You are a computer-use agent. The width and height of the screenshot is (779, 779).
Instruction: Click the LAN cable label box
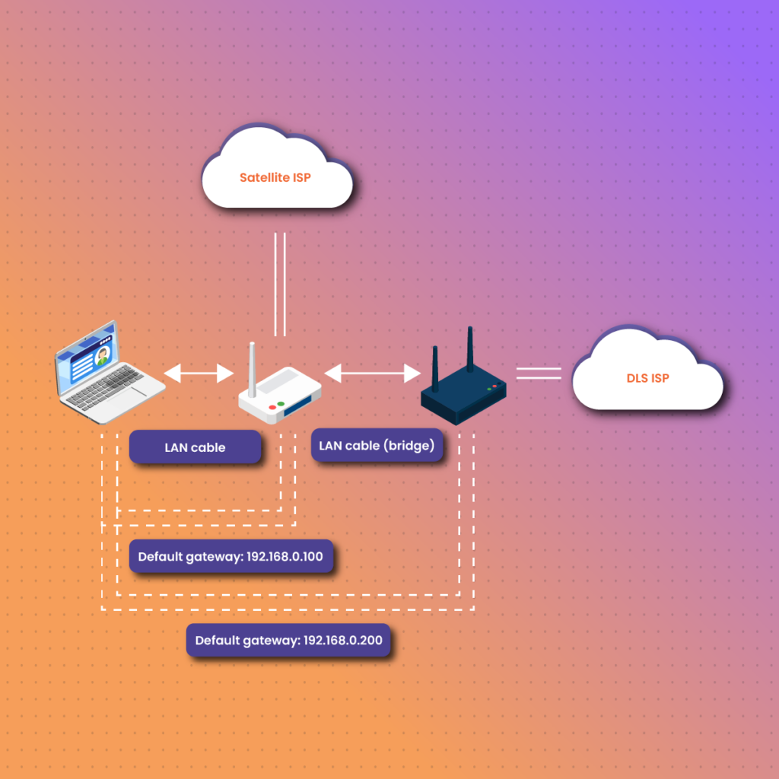click(195, 447)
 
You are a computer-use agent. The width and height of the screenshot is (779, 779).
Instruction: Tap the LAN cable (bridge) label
click(377, 446)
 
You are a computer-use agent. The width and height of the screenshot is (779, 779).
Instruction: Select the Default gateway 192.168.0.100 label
click(231, 557)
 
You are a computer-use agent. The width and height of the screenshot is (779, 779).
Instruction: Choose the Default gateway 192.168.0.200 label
click(289, 641)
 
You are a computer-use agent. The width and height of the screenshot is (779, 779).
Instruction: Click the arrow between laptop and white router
click(199, 373)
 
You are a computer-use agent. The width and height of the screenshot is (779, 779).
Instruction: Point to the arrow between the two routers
click(373, 373)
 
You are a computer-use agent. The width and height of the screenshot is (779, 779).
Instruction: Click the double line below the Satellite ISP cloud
click(280, 284)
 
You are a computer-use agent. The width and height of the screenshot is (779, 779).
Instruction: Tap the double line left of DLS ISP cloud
click(539, 373)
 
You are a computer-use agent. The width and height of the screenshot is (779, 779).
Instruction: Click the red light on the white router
click(272, 408)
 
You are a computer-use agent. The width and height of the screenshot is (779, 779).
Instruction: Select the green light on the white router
click(281, 403)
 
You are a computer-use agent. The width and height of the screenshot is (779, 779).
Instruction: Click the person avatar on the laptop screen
click(101, 356)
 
